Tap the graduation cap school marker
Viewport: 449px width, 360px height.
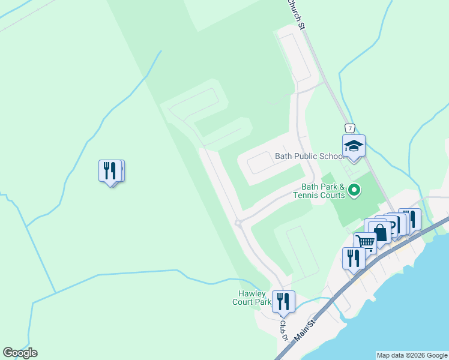coord(354,146)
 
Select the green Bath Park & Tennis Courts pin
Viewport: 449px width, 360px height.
coord(354,191)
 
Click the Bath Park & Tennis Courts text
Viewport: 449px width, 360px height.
coord(319,191)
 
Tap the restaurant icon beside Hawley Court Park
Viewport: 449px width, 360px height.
coord(283,301)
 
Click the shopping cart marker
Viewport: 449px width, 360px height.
coord(365,242)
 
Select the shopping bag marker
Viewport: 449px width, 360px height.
coord(380,232)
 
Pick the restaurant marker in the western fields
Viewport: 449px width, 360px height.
coord(109,171)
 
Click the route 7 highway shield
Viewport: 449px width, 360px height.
coord(349,128)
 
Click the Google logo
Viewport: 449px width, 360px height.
coord(20,353)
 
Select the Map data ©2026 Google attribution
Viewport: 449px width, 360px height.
coord(411,355)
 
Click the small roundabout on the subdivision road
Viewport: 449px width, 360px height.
coord(239,224)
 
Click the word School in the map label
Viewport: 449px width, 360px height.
coord(330,156)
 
